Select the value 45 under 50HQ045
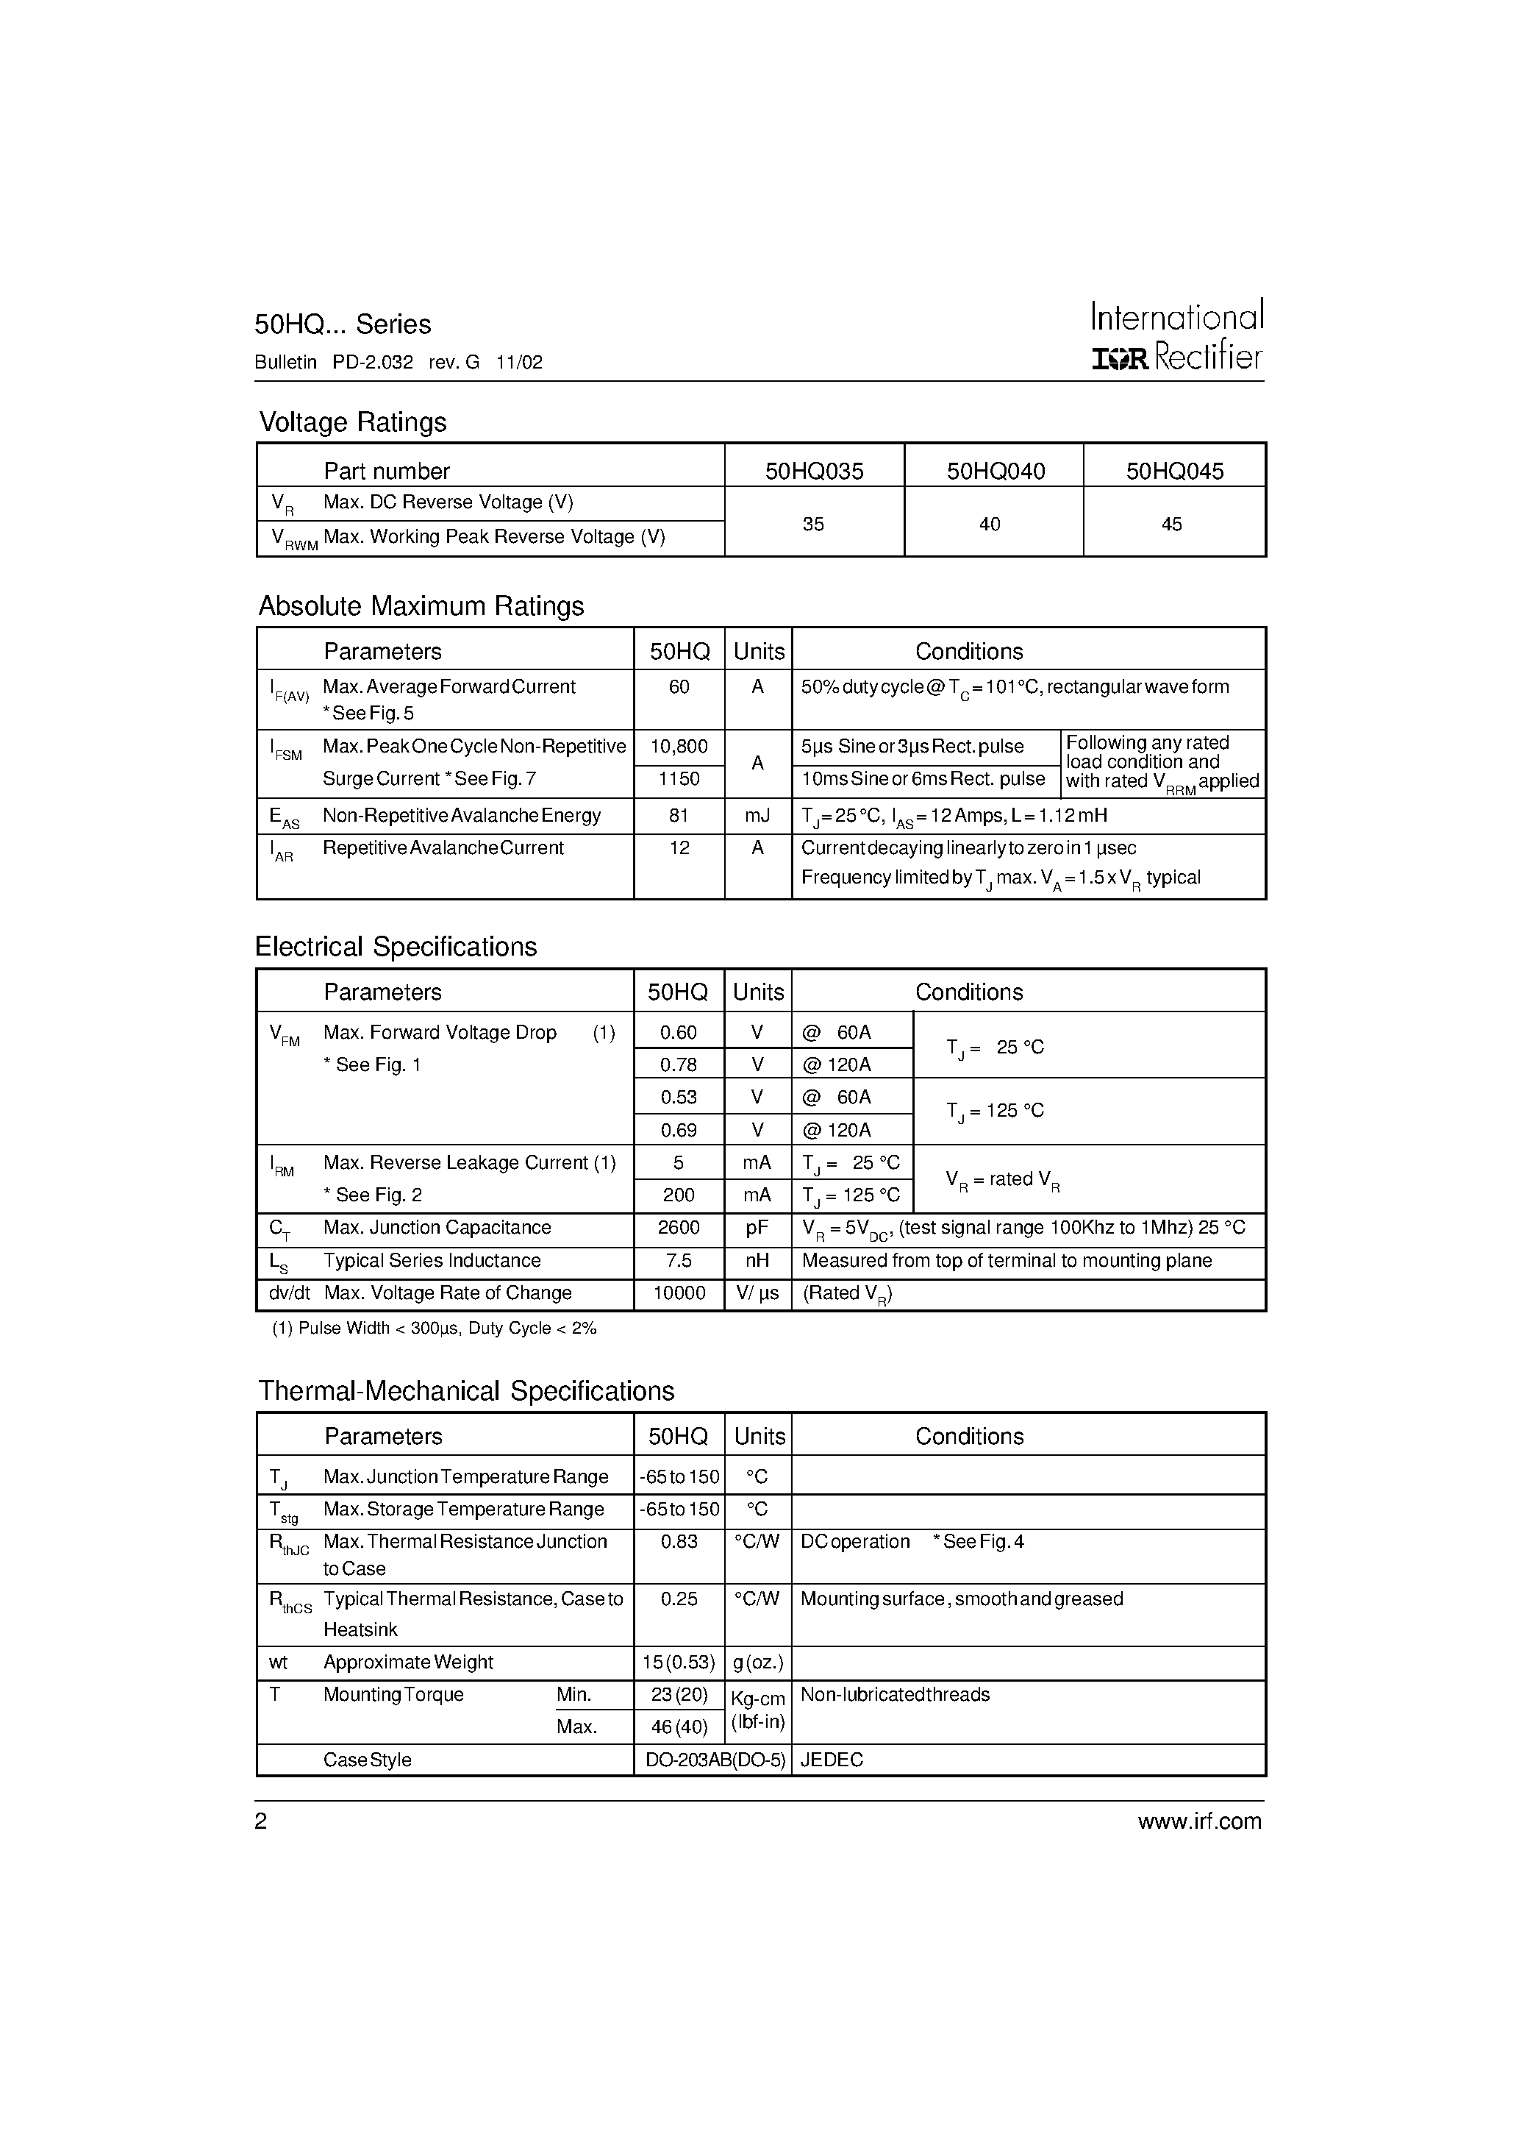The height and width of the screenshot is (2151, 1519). (x=1170, y=525)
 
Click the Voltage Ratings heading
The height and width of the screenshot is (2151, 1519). (x=352, y=422)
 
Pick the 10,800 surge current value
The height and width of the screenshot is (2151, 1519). (x=678, y=747)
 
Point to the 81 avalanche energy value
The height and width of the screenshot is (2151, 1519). (x=678, y=816)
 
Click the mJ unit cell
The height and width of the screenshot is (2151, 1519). (x=757, y=816)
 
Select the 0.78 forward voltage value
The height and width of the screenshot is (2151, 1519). (x=678, y=1064)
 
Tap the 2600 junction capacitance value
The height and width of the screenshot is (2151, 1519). (x=678, y=1227)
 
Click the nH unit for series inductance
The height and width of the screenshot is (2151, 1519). (x=757, y=1261)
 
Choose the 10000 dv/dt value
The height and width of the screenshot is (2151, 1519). (x=678, y=1293)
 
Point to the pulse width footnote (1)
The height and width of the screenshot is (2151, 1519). (x=434, y=1329)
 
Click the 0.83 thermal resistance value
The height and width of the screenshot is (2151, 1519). (x=678, y=1541)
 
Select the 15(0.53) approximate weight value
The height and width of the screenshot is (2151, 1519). (x=678, y=1662)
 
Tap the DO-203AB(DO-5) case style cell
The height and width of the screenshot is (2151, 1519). (x=715, y=1760)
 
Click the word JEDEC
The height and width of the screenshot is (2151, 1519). (x=832, y=1760)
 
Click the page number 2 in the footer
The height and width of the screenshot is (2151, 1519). (x=261, y=1821)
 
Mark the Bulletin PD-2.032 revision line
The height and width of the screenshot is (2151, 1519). (x=398, y=363)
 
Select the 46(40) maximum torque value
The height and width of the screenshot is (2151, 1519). (x=678, y=1727)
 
